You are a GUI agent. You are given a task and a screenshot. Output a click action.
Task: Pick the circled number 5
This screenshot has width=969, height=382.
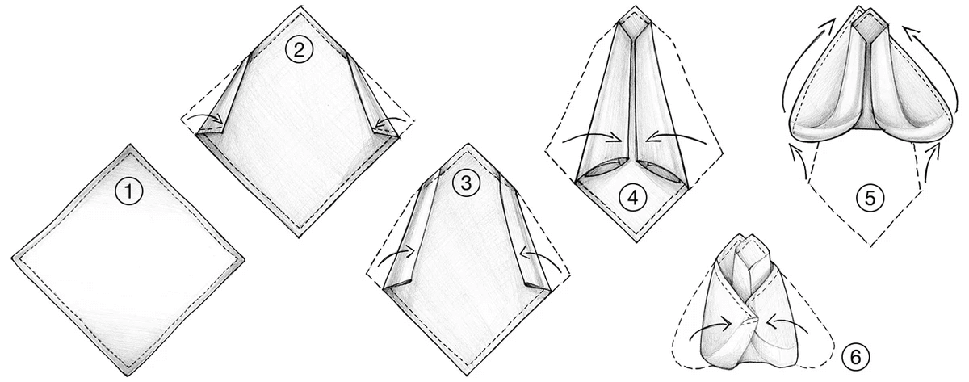868,198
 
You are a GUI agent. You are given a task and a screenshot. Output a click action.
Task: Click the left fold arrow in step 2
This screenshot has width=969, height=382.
205,121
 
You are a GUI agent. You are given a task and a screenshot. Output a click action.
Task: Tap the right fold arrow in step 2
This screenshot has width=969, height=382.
388,121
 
